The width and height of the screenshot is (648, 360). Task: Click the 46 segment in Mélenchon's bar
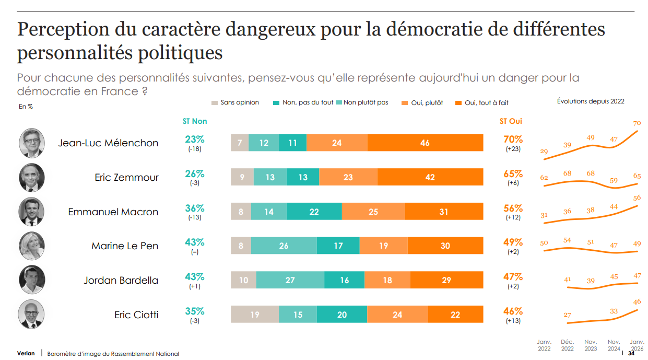425,143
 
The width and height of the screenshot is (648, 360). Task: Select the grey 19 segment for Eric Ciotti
254,315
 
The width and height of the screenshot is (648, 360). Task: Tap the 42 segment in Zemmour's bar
430,177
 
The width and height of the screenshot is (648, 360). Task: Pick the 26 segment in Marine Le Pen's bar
284,246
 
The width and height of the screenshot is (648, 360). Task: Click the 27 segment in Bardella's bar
290,280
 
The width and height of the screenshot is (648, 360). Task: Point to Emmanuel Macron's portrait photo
32,212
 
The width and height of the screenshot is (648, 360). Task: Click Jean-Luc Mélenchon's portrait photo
32,143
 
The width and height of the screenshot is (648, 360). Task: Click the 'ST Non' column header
195,121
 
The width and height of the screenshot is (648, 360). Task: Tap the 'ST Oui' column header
511,121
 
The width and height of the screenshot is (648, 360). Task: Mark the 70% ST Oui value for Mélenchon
513,140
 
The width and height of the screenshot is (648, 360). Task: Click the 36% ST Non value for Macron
195,208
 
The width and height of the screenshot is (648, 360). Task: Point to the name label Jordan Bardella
121,281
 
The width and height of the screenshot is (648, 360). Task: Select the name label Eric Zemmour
126,178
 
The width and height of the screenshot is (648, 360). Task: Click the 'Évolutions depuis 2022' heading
591,101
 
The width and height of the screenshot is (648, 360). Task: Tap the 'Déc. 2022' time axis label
567,345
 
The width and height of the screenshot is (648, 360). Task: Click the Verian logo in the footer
26,354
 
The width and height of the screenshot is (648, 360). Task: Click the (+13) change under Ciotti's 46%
513,321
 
